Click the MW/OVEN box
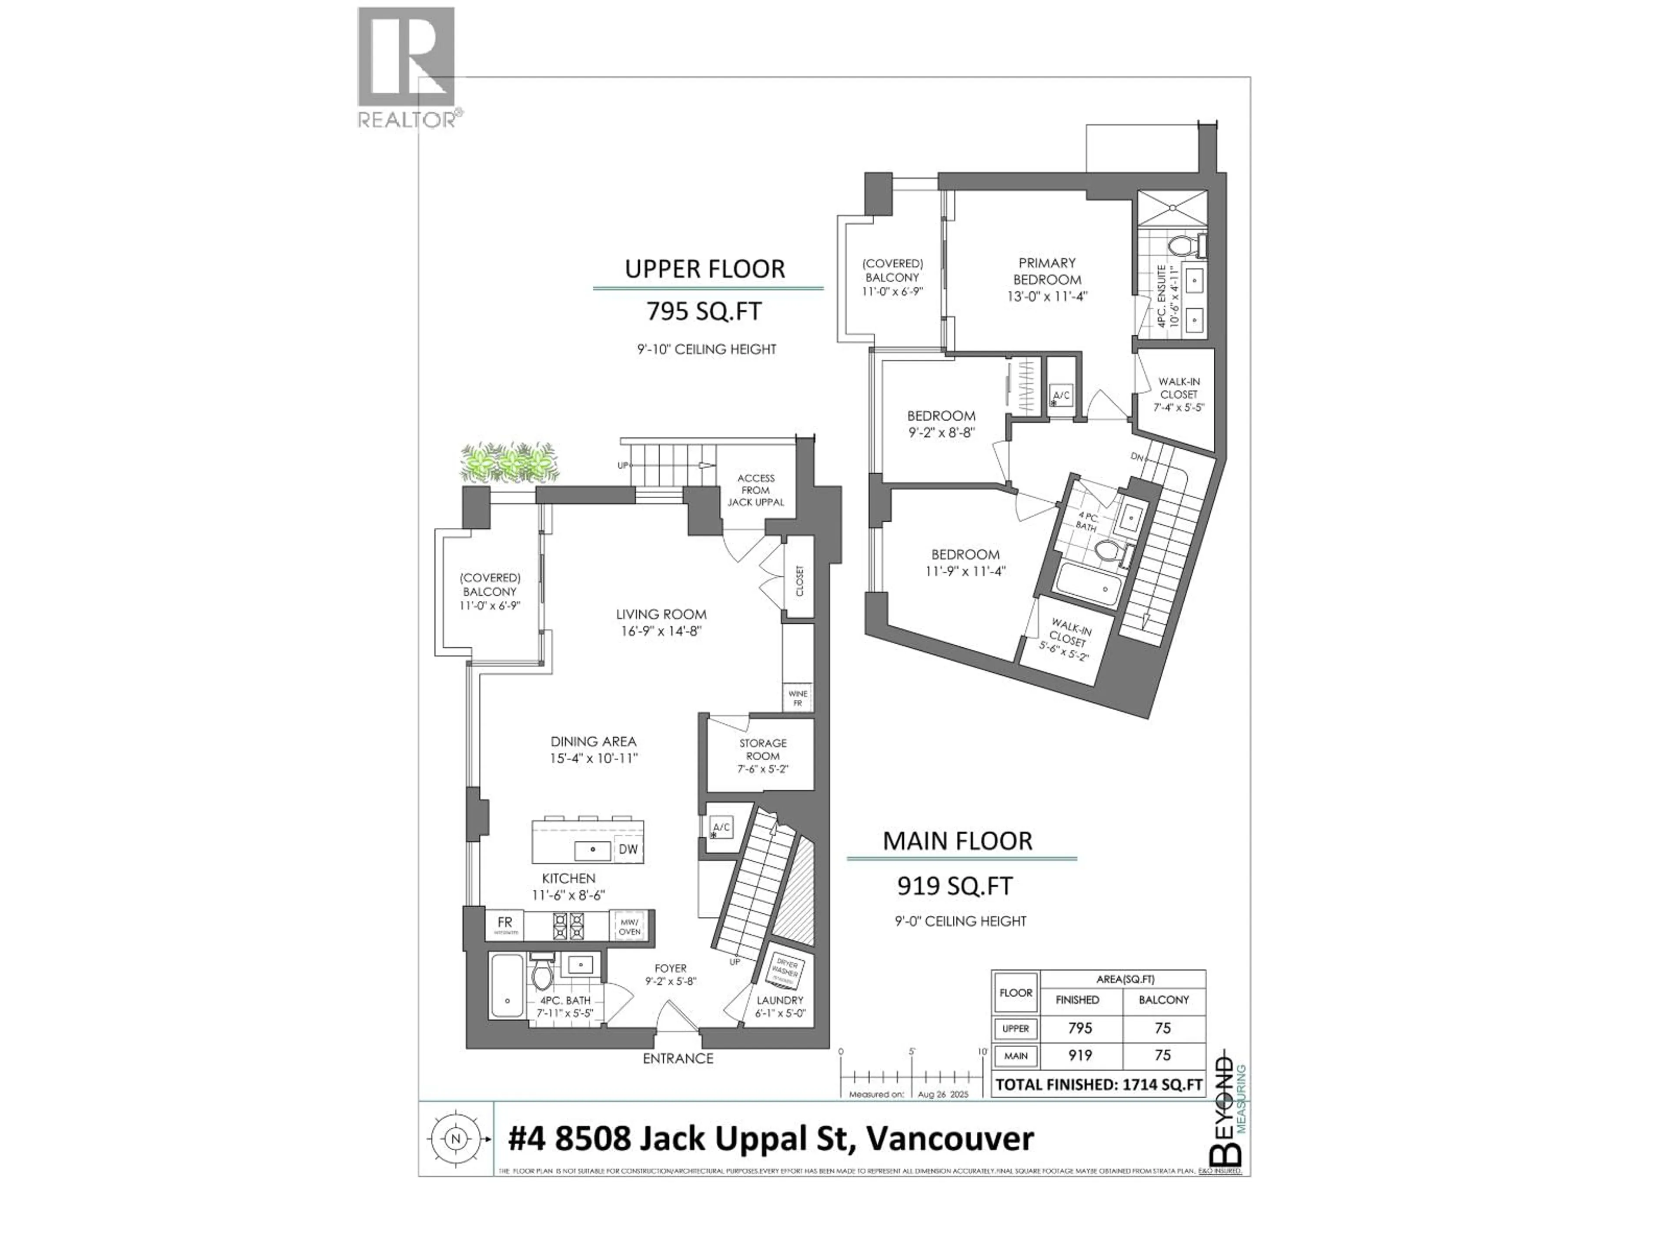[x=630, y=926]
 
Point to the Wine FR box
[x=797, y=698]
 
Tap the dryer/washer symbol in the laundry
[x=788, y=970]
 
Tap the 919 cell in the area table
[x=1080, y=1055]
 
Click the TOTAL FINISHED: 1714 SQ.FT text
[x=1099, y=1085]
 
